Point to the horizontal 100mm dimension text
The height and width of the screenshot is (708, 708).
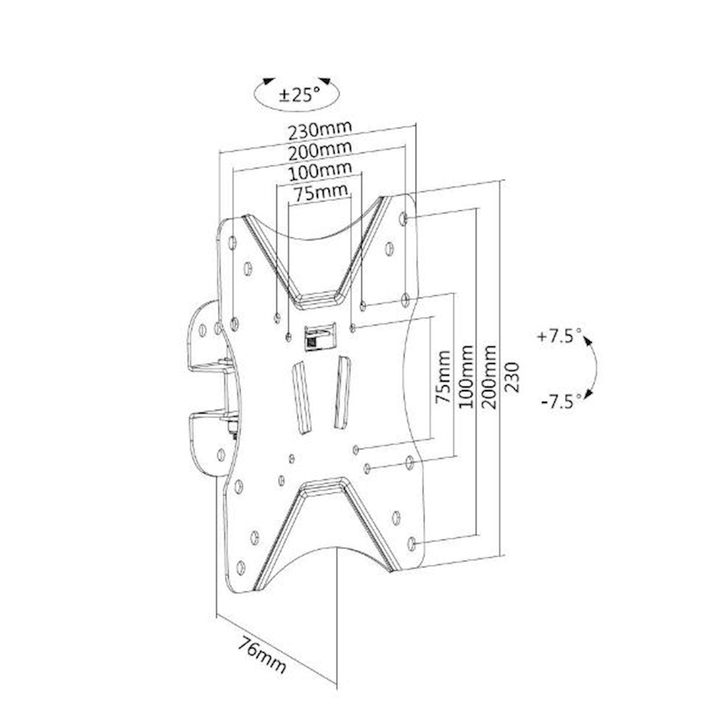[x=319, y=171]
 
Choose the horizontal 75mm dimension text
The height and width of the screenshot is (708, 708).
[x=321, y=193]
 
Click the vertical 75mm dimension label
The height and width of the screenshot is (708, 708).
[x=442, y=377]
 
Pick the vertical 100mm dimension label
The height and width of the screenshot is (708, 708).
[x=465, y=377]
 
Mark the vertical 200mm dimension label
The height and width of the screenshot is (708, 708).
[x=489, y=377]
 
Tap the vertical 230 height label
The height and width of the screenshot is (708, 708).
[x=512, y=377]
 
